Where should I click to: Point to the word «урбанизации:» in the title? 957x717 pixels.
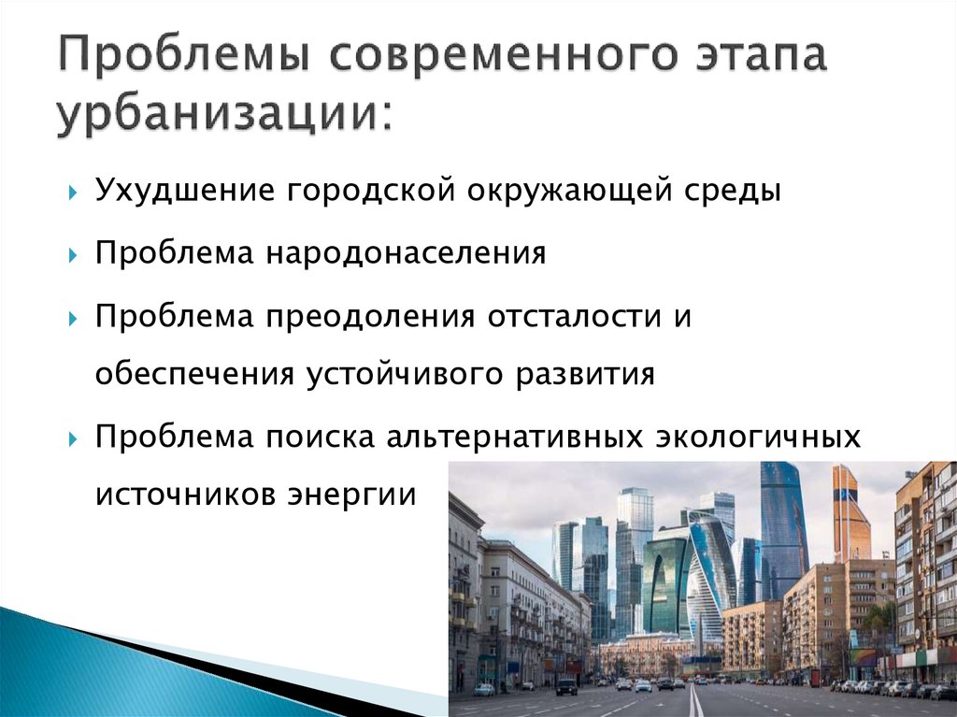[223, 112]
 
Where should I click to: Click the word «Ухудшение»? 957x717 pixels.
[186, 190]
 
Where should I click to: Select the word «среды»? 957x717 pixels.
[732, 190]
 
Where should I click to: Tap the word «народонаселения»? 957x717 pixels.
[406, 252]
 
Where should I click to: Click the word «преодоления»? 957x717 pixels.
[370, 316]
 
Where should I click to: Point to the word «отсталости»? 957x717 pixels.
[575, 316]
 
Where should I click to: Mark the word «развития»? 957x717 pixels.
[585, 373]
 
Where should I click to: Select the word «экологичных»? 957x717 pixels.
[758, 437]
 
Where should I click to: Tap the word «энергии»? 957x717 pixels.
[351, 495]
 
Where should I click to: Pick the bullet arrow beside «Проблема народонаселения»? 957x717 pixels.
[73, 255]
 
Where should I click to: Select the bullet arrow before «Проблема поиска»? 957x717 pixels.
[73, 439]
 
